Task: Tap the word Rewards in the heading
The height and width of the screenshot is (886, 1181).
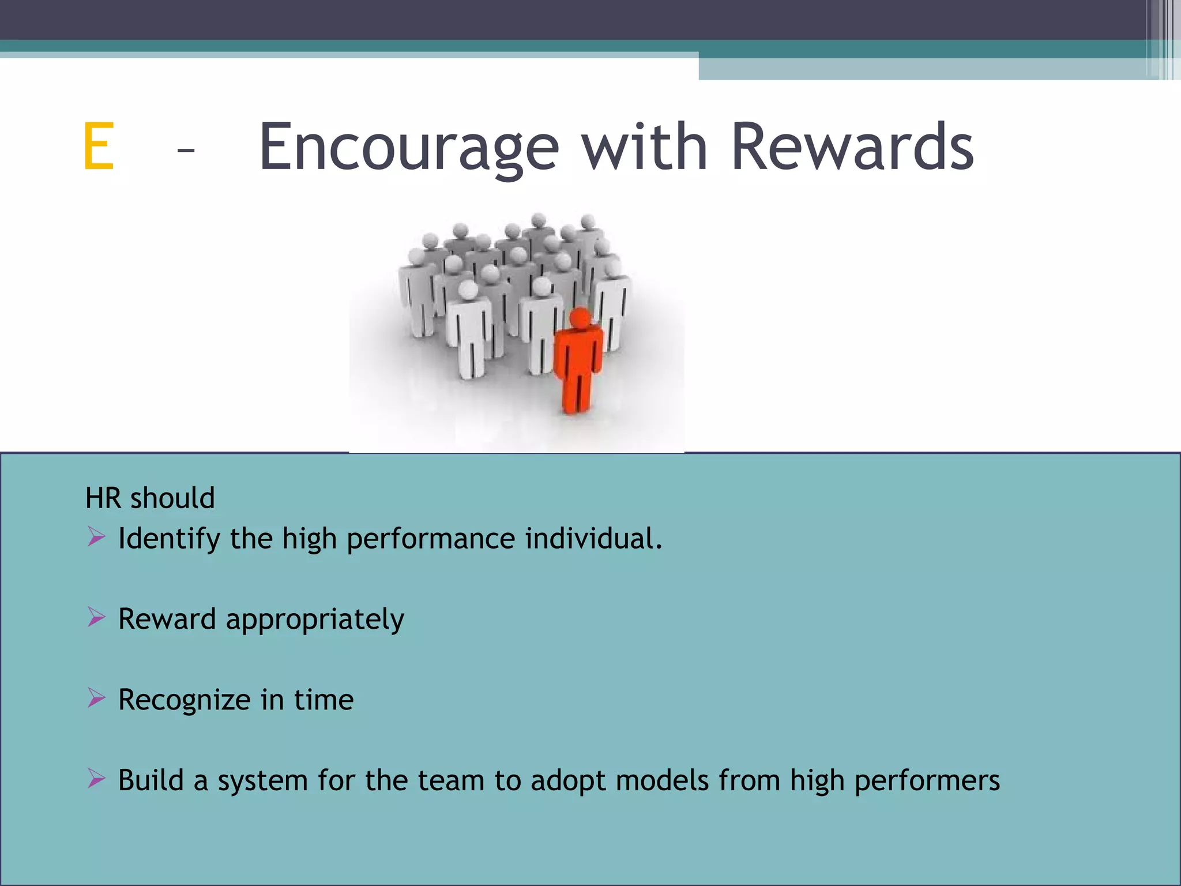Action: point(852,147)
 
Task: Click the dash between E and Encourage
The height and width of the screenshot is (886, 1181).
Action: point(186,151)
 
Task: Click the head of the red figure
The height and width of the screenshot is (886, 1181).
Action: point(580,318)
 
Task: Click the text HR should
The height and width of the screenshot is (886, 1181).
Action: point(150,498)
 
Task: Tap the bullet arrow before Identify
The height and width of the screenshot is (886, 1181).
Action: point(96,537)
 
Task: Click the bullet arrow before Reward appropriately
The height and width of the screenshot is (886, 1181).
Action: point(96,618)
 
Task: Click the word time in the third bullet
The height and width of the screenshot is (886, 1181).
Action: point(324,700)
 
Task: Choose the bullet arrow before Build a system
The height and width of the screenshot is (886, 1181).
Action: point(96,779)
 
